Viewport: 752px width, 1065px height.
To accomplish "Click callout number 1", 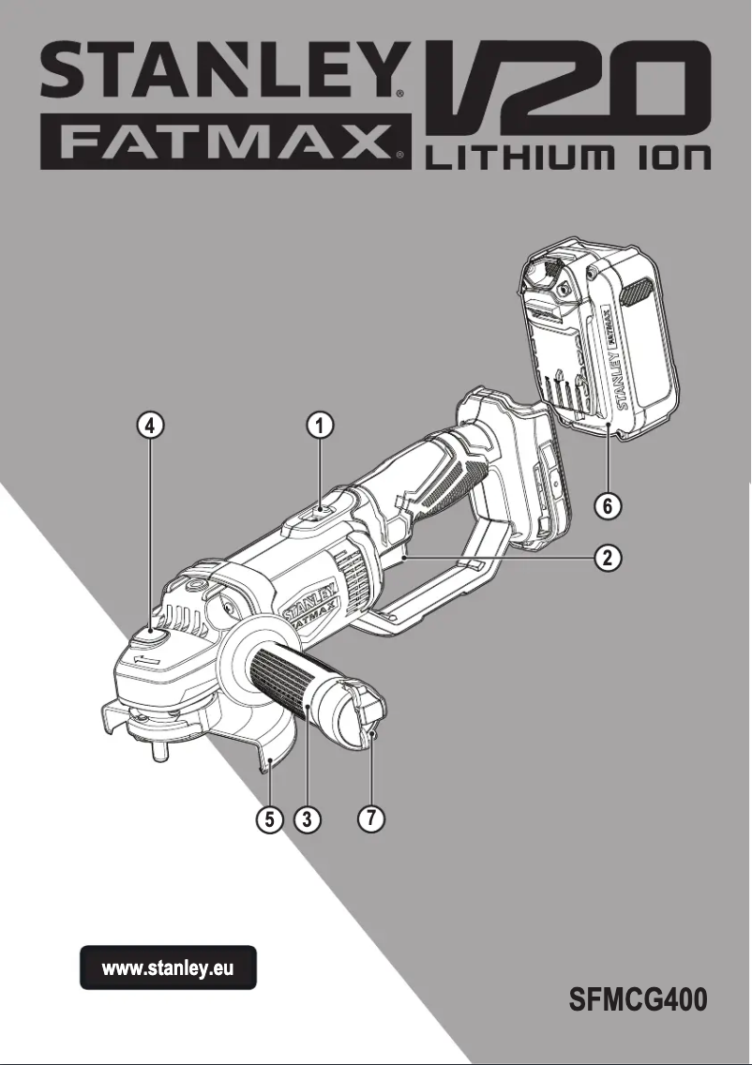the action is [x=320, y=426].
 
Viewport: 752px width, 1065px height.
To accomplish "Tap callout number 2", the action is [x=608, y=558].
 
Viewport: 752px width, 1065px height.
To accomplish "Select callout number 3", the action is [x=307, y=819].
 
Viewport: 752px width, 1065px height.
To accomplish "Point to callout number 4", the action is [x=150, y=426].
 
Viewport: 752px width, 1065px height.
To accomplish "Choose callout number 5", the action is [x=270, y=819].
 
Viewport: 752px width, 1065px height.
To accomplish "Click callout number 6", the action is [x=608, y=506].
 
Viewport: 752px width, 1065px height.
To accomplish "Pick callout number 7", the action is [x=371, y=817].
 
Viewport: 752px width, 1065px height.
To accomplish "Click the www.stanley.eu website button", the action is [x=168, y=967].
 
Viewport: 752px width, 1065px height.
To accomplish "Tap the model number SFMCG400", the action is [x=638, y=999].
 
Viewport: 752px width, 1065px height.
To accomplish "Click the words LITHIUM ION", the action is [x=568, y=157].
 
